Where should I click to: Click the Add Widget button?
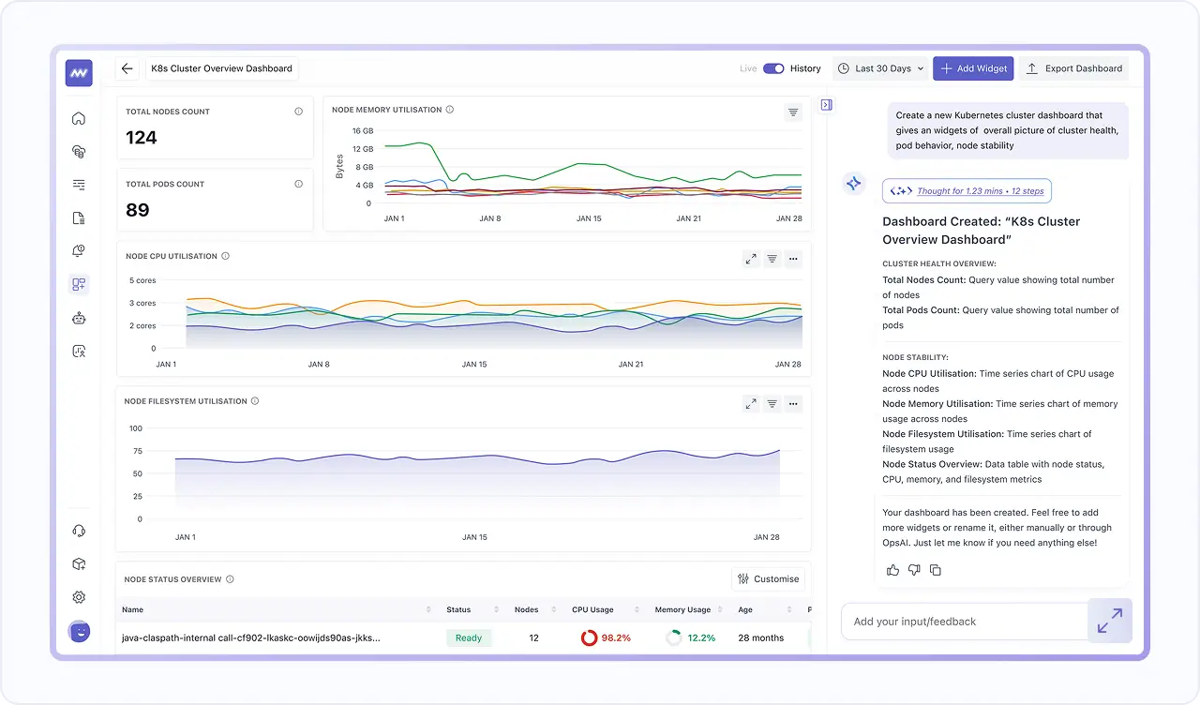pyautogui.click(x=973, y=68)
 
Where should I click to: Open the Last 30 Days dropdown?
pyautogui.click(x=880, y=68)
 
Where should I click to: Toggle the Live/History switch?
pyautogui.click(x=773, y=68)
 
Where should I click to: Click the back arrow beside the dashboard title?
pyautogui.click(x=127, y=68)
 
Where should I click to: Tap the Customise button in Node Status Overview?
pyautogui.click(x=768, y=579)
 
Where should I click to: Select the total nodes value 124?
pyautogui.click(x=142, y=138)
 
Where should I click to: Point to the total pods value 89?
pyautogui.click(x=138, y=210)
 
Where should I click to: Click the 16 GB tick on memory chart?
pyautogui.click(x=362, y=131)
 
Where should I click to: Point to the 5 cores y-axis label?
pyautogui.click(x=142, y=280)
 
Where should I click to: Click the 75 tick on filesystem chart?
pyautogui.click(x=136, y=451)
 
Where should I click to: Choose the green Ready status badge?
pyautogui.click(x=468, y=638)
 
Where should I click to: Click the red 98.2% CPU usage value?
pyautogui.click(x=615, y=638)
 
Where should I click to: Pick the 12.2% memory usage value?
pyautogui.click(x=700, y=638)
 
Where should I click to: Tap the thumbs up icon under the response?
pyautogui.click(x=892, y=570)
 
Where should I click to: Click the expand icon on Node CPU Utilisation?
pyautogui.click(x=751, y=259)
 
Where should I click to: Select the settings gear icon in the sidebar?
pyautogui.click(x=79, y=597)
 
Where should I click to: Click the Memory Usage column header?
pyautogui.click(x=682, y=609)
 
